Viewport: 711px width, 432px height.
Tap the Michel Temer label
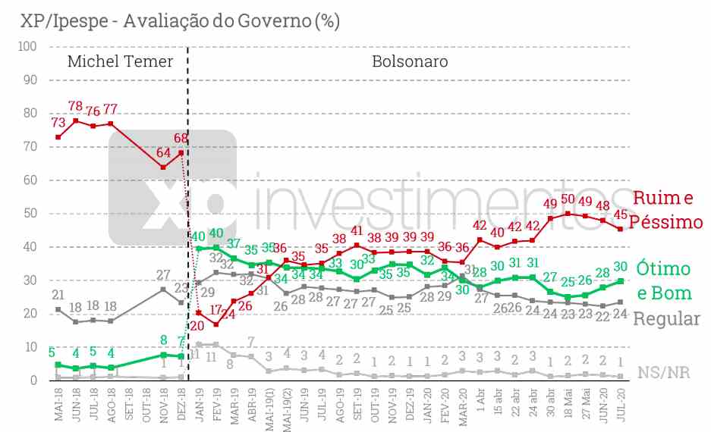click(x=121, y=61)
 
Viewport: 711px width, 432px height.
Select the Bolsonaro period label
click(x=410, y=61)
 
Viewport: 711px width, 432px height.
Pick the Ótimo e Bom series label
click(x=663, y=280)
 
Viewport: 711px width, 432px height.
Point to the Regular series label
click(x=666, y=318)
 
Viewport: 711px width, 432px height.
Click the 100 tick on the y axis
click(x=27, y=46)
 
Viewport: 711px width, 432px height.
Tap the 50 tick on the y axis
click(x=30, y=214)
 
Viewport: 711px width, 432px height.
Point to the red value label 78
click(x=76, y=107)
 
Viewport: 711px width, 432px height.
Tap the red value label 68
click(x=181, y=139)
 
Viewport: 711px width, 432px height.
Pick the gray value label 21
click(x=58, y=294)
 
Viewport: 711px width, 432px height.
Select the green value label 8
click(x=163, y=340)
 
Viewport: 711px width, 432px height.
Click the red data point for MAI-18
click(x=58, y=137)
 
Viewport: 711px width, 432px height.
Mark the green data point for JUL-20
click(x=621, y=281)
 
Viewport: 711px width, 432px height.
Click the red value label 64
click(x=163, y=152)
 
